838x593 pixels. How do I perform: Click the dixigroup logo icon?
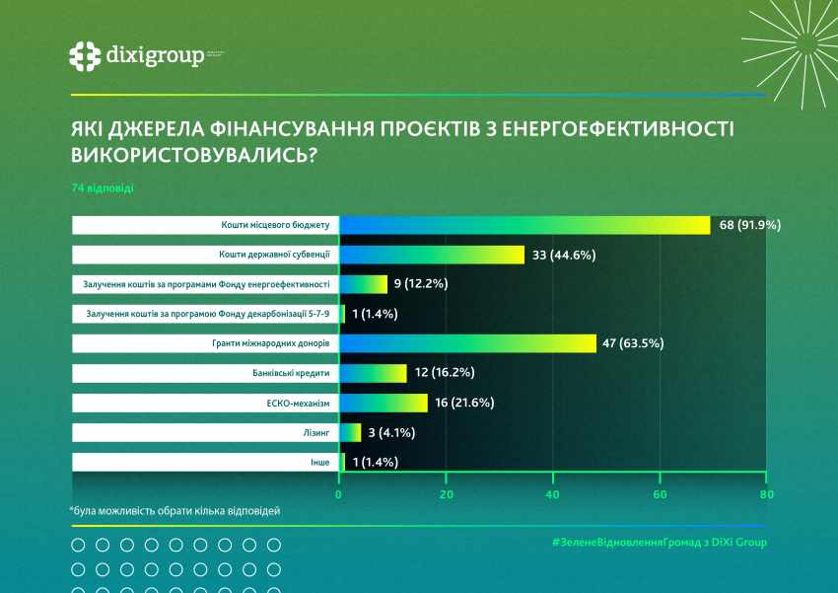pos(85,55)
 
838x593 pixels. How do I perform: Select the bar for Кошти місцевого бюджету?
pos(524,225)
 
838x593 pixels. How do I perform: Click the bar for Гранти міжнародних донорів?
pos(467,343)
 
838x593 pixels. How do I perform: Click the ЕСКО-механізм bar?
pos(384,403)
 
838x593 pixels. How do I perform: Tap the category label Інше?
pos(318,462)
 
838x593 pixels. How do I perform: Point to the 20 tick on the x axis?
pos(446,494)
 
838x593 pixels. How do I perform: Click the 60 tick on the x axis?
pos(660,494)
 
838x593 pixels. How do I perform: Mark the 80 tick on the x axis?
pos(766,494)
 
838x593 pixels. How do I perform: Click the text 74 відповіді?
pos(97,187)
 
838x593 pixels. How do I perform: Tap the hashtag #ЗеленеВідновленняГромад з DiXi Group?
pos(659,542)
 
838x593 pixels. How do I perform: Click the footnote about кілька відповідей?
pos(175,511)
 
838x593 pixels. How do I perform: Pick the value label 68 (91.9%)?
pos(749,225)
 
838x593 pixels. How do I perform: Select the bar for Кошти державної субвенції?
pos(432,255)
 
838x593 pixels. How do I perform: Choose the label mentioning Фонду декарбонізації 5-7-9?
pos(207,314)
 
